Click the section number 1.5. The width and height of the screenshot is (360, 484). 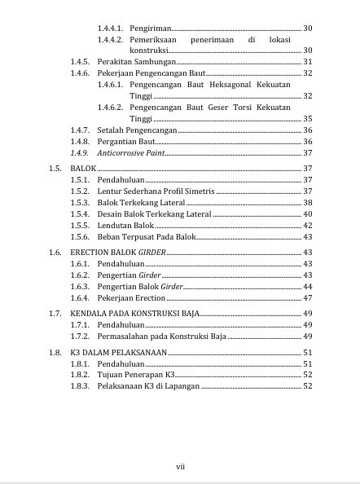(x=55, y=168)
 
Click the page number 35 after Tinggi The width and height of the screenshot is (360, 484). (x=307, y=118)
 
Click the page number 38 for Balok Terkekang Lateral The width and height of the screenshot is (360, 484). (x=307, y=202)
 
